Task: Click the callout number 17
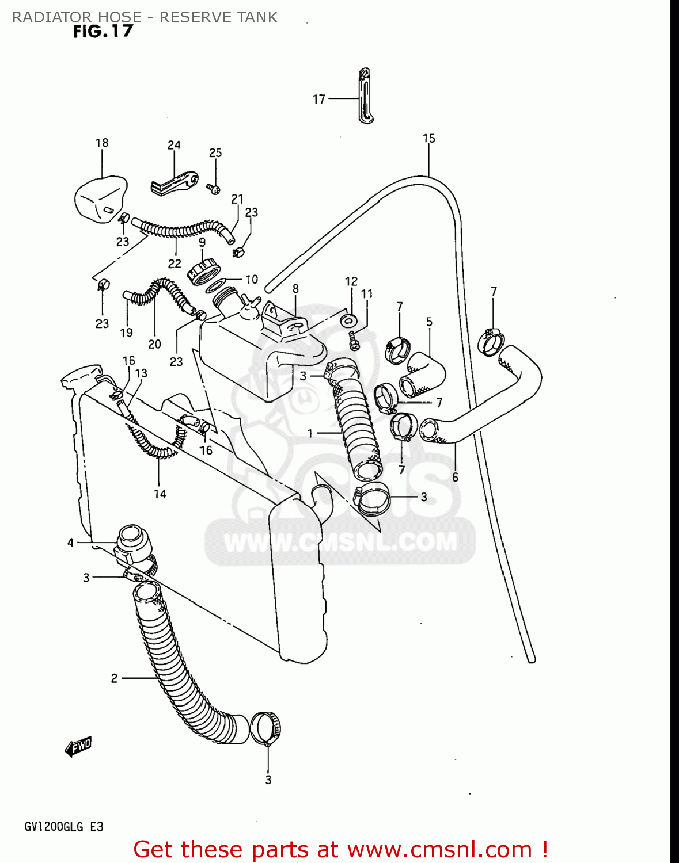(x=319, y=100)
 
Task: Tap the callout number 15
(x=429, y=139)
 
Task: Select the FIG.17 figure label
(x=103, y=32)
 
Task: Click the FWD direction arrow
(x=78, y=746)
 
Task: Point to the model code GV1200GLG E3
(x=64, y=827)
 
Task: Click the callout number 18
(x=102, y=143)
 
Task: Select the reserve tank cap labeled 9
(x=204, y=270)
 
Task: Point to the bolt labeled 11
(x=354, y=341)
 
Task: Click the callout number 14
(x=160, y=494)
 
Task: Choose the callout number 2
(x=114, y=678)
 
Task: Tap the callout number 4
(x=70, y=543)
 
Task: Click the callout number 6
(x=455, y=477)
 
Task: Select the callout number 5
(x=429, y=322)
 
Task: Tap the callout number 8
(x=295, y=288)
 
